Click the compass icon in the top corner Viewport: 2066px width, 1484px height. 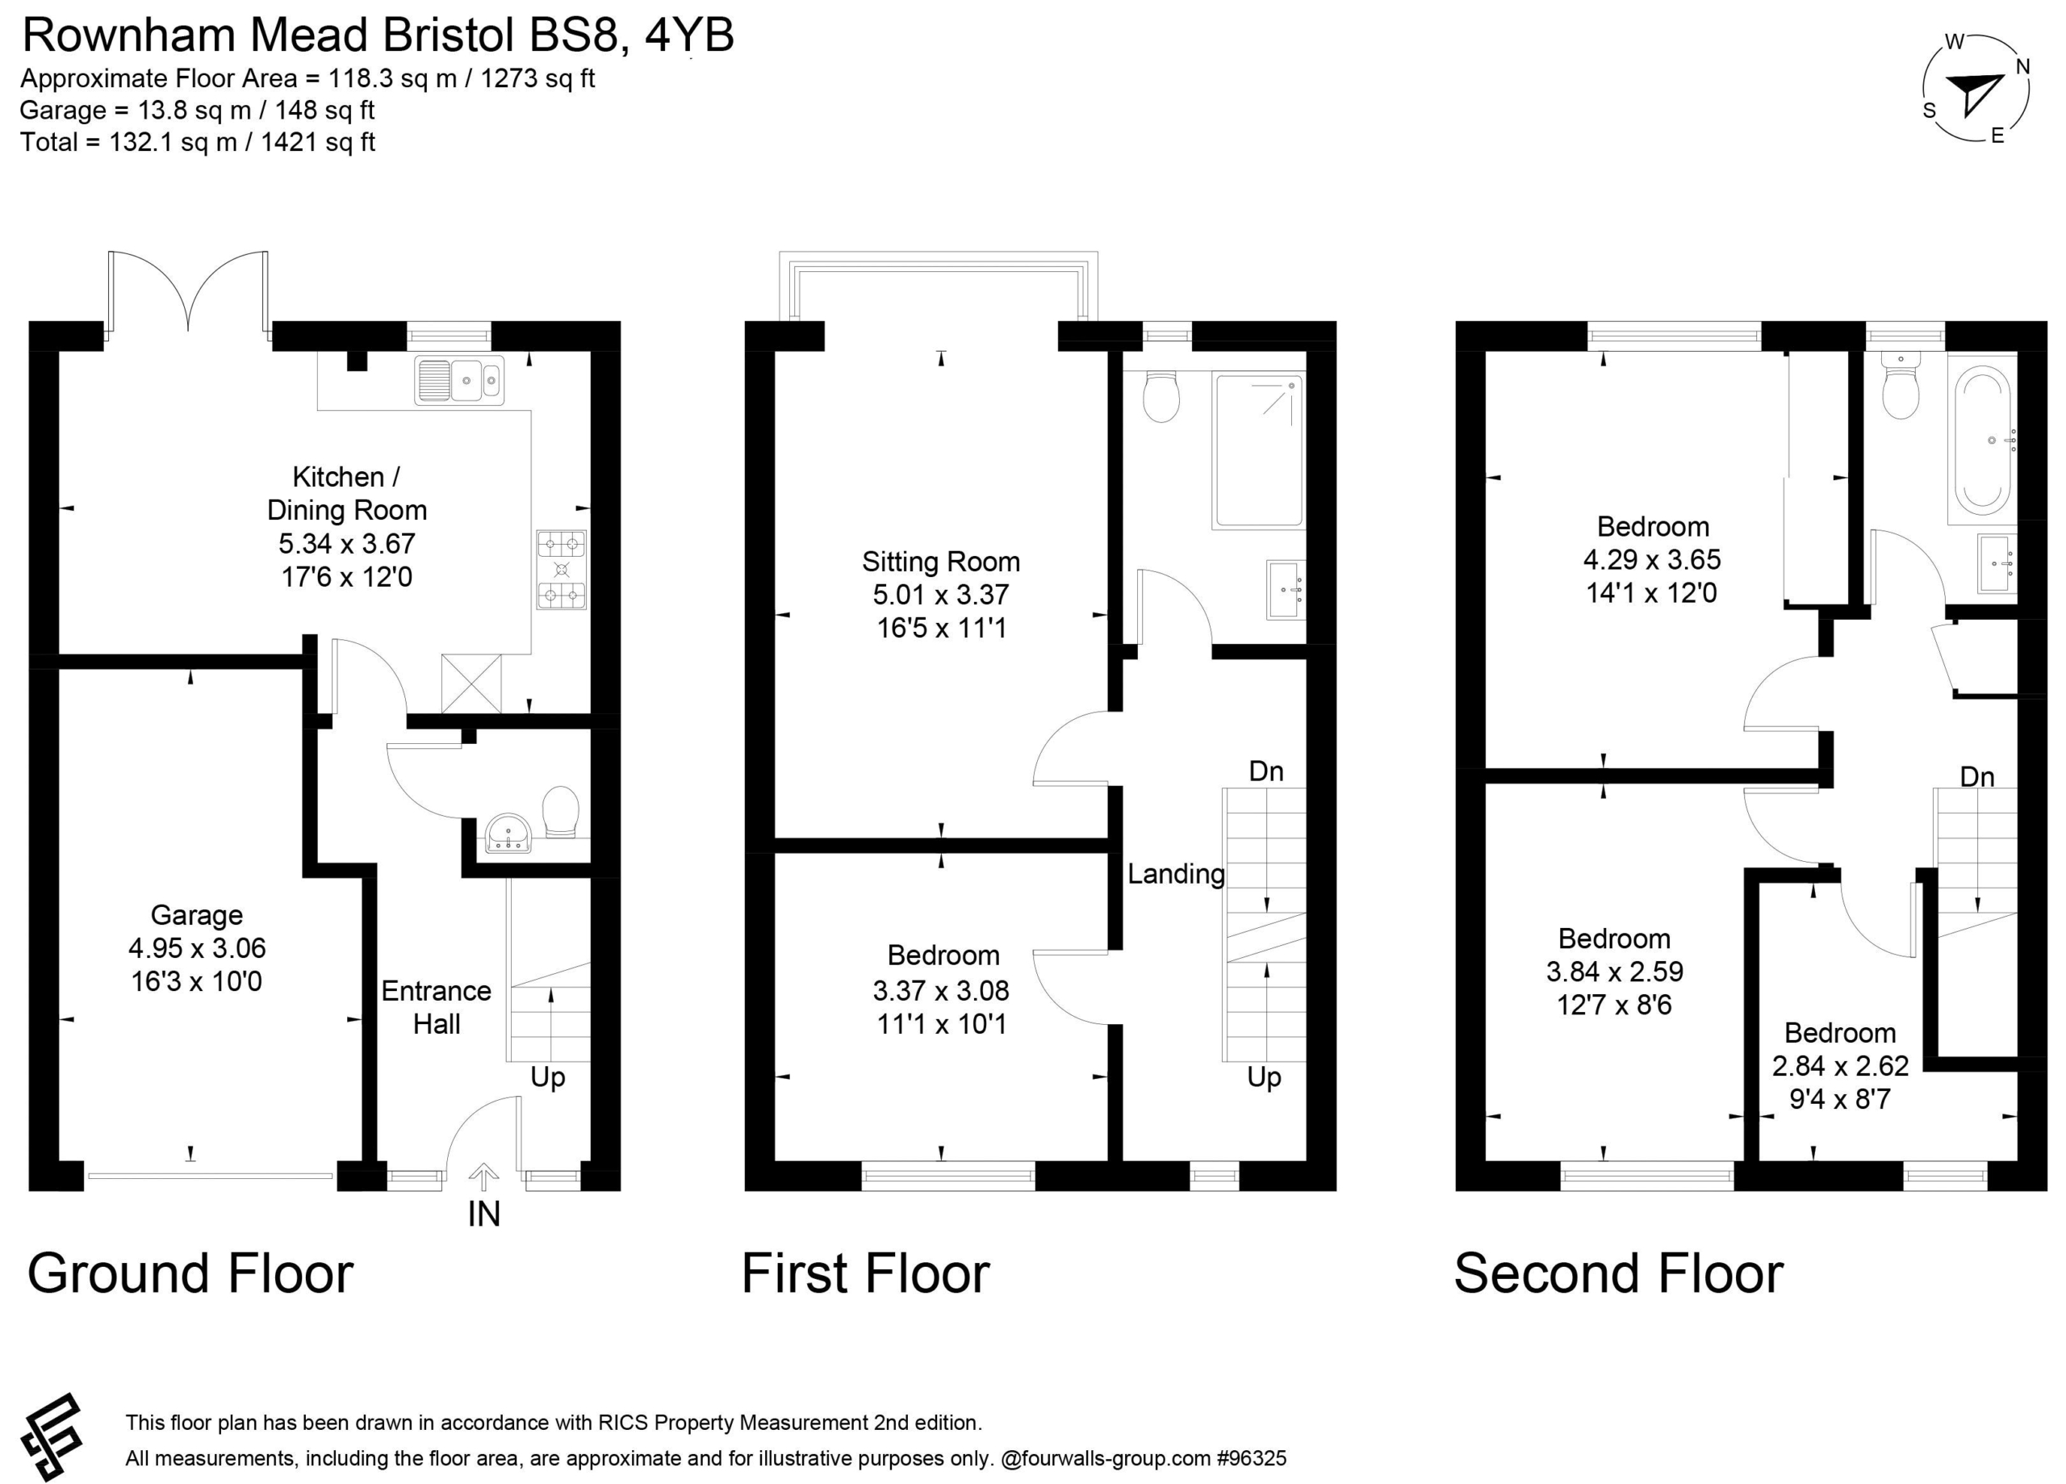1975,89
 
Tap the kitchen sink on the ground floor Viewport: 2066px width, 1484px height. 459,380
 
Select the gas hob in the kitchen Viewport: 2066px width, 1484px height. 561,570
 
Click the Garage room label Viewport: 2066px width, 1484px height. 197,914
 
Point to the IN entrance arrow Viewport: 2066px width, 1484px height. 483,1178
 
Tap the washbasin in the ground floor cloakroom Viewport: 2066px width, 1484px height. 508,834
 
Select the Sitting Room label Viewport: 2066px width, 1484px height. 941,561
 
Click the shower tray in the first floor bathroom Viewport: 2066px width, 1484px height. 1258,450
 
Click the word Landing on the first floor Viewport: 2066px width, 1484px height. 1176,874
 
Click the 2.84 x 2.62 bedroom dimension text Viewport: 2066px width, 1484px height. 1840,1066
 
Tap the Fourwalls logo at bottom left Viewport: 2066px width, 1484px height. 52,1436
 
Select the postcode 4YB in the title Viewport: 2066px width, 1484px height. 689,36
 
